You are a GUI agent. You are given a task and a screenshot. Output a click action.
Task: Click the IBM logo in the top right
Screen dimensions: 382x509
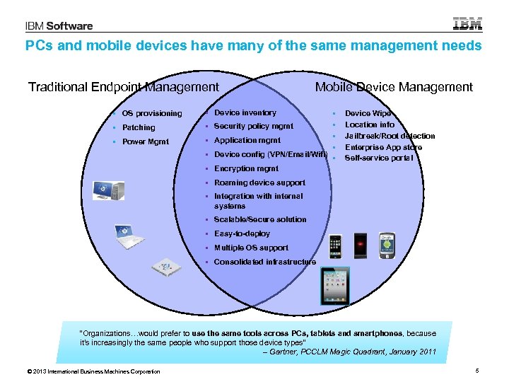pos(467,24)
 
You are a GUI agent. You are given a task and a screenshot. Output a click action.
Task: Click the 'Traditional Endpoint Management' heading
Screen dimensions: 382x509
pos(124,87)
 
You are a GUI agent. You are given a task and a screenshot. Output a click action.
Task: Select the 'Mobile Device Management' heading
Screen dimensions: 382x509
pos(394,87)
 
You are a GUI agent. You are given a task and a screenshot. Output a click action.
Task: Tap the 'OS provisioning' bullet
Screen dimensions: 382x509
pos(151,113)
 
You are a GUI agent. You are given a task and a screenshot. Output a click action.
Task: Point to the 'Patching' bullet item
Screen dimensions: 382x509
pos(139,127)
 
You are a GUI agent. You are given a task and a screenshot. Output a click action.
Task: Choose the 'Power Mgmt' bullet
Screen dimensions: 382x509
pos(146,141)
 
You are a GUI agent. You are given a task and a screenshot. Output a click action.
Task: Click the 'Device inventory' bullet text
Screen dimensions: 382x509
pos(245,112)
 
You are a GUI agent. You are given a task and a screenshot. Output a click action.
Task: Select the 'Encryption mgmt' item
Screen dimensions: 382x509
pos(246,168)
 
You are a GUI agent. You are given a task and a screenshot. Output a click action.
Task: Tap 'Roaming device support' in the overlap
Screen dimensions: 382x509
pos(259,183)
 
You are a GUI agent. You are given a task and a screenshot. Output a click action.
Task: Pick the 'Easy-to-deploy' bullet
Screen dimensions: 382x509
pos(242,233)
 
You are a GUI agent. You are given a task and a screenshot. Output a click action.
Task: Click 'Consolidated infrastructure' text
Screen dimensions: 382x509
pos(265,262)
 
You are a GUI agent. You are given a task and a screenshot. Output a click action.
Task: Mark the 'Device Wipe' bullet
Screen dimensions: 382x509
pos(368,113)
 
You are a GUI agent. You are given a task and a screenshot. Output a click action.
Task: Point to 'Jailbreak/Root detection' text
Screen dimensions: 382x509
pos(390,136)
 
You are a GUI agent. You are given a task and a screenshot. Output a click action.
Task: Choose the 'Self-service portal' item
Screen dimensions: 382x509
pos(379,158)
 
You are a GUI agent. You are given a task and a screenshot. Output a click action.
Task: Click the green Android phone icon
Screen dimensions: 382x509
pos(386,245)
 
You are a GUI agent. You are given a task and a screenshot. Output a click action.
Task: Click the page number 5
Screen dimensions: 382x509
pos(478,371)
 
